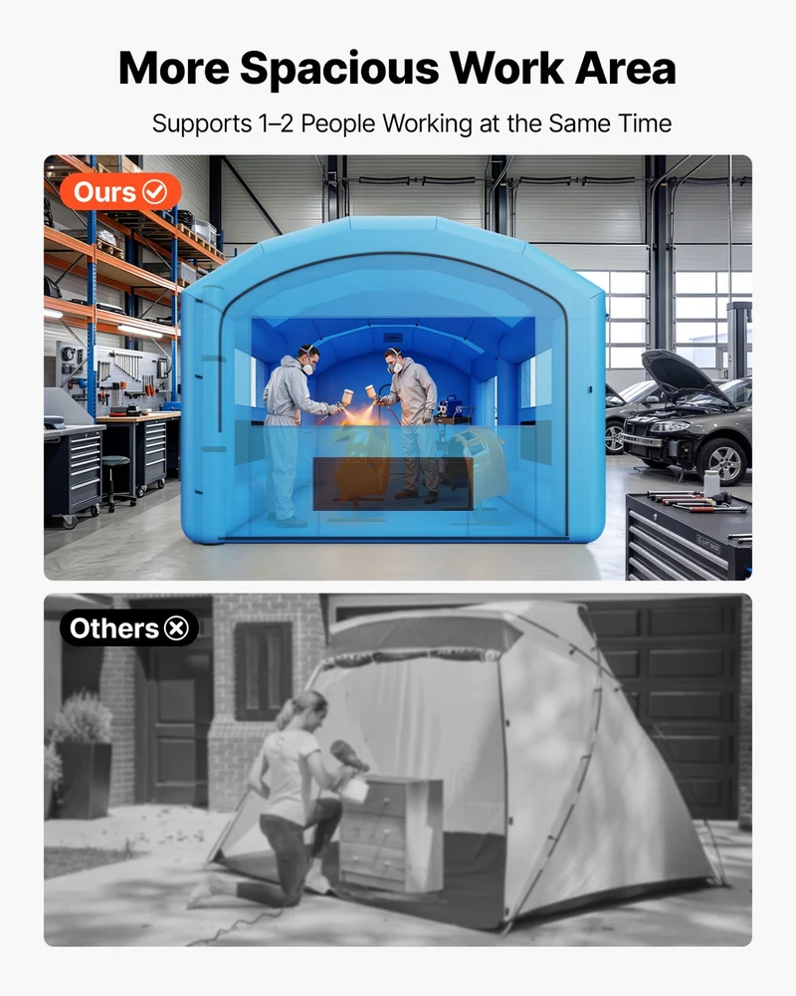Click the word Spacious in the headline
tap(339, 69)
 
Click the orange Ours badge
tap(120, 191)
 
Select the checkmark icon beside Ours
tap(154, 191)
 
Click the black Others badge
tap(129, 628)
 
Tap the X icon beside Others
tap(176, 628)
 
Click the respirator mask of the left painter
tap(307, 368)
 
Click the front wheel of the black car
tap(725, 461)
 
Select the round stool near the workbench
tap(116, 480)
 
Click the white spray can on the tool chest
tap(711, 483)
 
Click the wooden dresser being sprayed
tap(389, 832)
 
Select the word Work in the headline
tap(506, 68)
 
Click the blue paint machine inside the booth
tap(454, 410)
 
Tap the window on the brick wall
tap(263, 670)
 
